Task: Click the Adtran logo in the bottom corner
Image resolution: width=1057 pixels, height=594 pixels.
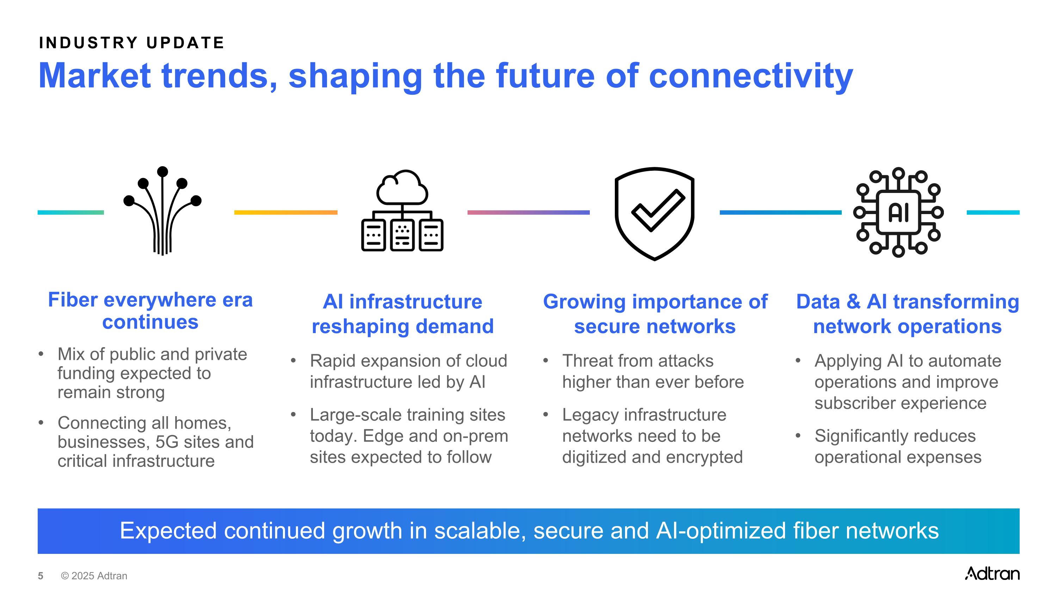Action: click(992, 573)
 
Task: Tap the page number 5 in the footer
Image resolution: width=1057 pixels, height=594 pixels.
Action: click(41, 576)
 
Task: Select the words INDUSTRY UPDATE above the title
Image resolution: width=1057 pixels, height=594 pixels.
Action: click(132, 43)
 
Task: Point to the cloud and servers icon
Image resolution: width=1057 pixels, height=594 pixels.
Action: click(402, 210)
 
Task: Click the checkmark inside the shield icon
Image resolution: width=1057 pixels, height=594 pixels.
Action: click(658, 210)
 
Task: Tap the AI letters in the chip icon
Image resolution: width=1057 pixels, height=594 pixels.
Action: click(898, 213)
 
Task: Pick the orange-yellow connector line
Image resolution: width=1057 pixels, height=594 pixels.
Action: click(286, 212)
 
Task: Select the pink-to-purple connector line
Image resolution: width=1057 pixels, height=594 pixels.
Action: click(528, 212)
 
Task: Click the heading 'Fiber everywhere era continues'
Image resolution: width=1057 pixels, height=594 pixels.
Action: click(150, 311)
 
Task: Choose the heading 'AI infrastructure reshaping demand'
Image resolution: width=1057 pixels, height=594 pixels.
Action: click(402, 314)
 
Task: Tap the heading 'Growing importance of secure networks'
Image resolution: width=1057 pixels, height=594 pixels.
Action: click(655, 314)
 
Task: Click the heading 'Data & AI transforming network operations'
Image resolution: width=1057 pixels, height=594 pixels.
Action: click(908, 314)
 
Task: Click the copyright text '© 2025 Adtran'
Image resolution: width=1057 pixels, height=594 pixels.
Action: click(94, 576)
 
